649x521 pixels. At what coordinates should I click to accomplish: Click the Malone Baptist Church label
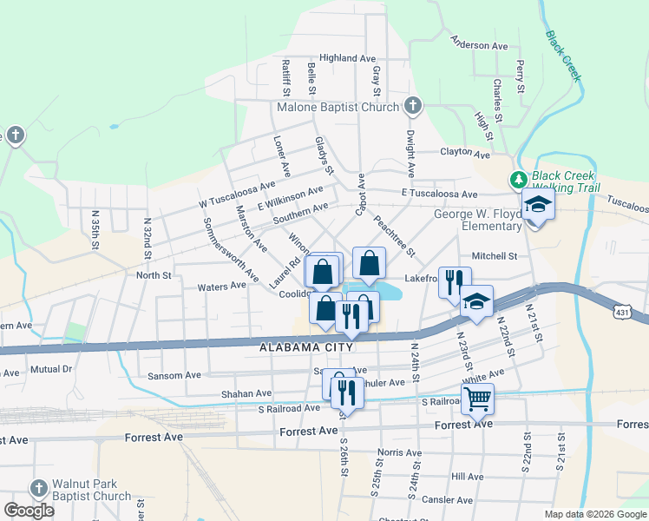tap(338, 108)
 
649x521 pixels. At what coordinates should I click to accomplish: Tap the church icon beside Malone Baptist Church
tap(413, 107)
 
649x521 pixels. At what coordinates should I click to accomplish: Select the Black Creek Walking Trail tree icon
tap(518, 180)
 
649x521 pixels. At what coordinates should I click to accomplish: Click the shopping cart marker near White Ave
tap(476, 399)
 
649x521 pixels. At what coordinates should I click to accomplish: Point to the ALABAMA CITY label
tap(307, 347)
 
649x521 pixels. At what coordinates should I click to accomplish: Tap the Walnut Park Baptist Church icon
tap(38, 488)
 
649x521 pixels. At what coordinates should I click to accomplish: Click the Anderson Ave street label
tap(479, 45)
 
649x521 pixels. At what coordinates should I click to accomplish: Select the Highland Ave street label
tap(346, 58)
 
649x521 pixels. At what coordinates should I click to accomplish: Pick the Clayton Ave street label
tap(465, 153)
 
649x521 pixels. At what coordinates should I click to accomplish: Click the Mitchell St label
tap(494, 256)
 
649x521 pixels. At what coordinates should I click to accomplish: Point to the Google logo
tap(29, 510)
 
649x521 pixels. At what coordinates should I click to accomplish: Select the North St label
tap(154, 275)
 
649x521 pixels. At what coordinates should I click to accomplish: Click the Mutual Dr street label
tap(50, 369)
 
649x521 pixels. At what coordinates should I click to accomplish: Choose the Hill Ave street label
tap(467, 477)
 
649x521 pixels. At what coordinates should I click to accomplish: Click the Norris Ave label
tap(398, 452)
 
